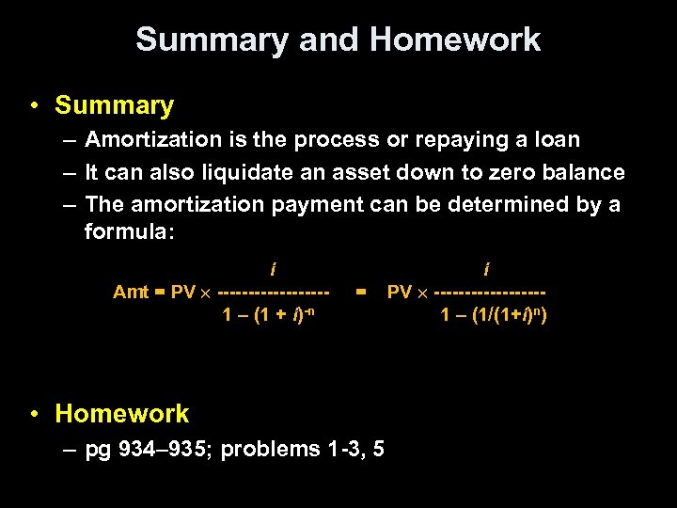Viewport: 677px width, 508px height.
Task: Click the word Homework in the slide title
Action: pos(455,40)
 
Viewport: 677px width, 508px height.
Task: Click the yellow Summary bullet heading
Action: pos(114,105)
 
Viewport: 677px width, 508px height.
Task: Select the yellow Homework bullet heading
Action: pos(121,413)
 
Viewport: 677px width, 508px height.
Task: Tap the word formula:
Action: pos(129,230)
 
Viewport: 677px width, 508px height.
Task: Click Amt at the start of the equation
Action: pos(131,292)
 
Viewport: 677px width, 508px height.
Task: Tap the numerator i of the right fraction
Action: pos(486,270)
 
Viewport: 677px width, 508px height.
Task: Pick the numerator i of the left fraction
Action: pos(273,270)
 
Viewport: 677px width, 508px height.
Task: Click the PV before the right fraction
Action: pos(400,292)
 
